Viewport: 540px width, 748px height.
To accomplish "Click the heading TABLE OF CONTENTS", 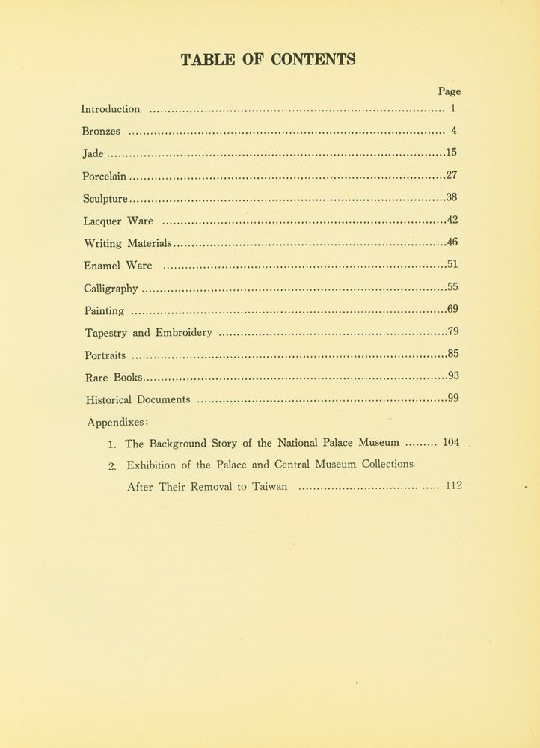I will [x=268, y=59].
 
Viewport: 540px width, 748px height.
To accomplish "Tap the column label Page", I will [x=449, y=92].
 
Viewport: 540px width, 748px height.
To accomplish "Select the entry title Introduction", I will [x=110, y=109].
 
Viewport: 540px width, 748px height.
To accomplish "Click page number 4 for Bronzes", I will [x=453, y=131].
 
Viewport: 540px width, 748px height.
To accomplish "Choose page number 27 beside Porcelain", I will [x=451, y=176].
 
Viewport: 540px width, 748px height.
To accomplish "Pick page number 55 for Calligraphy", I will [x=452, y=286].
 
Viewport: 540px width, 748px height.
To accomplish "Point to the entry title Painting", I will [x=104, y=310].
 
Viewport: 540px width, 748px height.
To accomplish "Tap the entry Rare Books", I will [x=114, y=377].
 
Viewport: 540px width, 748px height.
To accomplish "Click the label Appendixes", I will [x=117, y=421].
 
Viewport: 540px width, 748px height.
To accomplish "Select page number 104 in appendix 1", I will [x=451, y=442].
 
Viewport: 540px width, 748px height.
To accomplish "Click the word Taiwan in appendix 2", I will [x=266, y=486].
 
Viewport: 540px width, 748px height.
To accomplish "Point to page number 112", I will [x=453, y=485].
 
